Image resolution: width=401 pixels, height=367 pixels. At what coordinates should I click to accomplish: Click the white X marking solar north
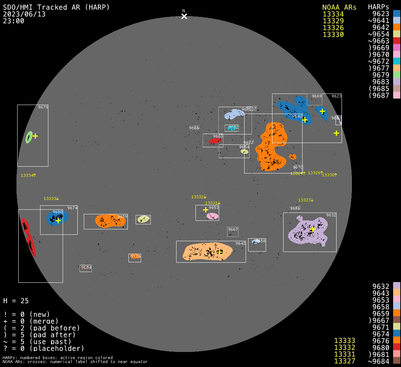[184, 16]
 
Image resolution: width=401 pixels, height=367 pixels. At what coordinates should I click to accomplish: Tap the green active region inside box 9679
[29, 137]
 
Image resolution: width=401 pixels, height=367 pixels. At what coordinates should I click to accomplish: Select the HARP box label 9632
[331, 215]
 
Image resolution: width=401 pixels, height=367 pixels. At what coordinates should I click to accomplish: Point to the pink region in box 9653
[212, 216]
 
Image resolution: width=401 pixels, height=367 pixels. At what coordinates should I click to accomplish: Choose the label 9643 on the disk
[241, 244]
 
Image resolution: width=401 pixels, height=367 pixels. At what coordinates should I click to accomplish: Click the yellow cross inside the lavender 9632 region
[313, 229]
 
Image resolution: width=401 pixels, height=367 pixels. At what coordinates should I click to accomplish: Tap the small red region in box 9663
[215, 141]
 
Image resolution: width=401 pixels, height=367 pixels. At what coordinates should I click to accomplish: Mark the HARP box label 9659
[122, 216]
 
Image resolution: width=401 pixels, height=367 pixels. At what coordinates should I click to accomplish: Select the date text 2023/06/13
[24, 14]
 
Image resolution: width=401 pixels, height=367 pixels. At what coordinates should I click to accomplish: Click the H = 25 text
[16, 301]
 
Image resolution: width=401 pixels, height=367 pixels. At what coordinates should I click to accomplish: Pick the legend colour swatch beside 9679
[396, 75]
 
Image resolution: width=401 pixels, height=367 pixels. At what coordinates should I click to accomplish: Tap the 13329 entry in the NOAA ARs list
[333, 21]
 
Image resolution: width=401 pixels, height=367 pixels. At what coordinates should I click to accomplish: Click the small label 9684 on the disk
[86, 267]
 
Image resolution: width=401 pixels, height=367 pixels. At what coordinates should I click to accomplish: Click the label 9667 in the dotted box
[233, 229]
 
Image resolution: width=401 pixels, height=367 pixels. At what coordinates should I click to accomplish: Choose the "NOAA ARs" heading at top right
[339, 7]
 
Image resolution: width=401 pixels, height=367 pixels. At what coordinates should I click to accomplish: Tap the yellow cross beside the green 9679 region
[35, 136]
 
